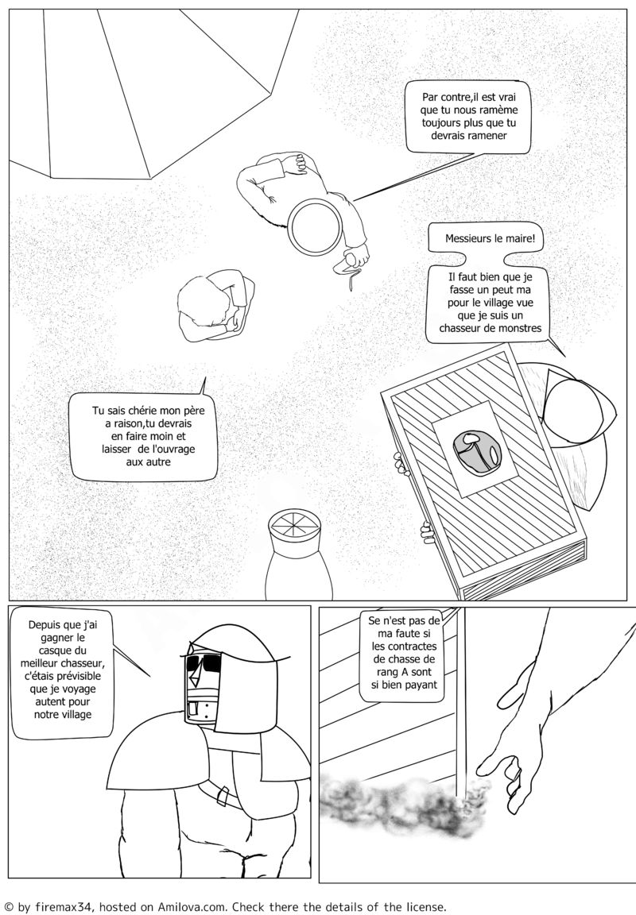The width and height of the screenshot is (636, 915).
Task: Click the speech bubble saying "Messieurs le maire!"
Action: [x=490, y=238]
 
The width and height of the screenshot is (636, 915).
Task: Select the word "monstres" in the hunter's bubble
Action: [x=519, y=328]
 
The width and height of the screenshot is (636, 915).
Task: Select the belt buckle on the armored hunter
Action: [x=221, y=794]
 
